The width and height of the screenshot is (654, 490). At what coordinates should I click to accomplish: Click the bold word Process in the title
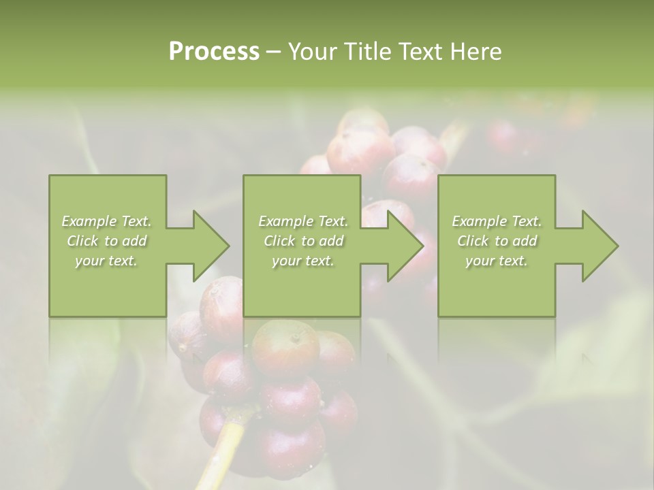pyautogui.click(x=214, y=52)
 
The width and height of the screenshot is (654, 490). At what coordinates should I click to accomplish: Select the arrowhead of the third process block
pyautogui.click(x=599, y=246)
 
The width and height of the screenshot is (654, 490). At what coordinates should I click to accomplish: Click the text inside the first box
pyautogui.click(x=107, y=241)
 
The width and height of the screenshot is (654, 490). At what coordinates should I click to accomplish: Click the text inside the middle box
pyautogui.click(x=302, y=241)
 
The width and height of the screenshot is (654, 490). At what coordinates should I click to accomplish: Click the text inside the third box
pyautogui.click(x=497, y=241)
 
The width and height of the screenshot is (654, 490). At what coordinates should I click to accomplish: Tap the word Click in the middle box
pyautogui.click(x=280, y=241)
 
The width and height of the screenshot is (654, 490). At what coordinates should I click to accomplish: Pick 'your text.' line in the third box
pyautogui.click(x=497, y=261)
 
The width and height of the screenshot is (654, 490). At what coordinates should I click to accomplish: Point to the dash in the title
pyautogui.click(x=273, y=52)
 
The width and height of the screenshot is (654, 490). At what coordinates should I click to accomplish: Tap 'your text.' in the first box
pyautogui.click(x=107, y=261)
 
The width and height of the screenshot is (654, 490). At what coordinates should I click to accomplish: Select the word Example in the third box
pyautogui.click(x=475, y=221)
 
